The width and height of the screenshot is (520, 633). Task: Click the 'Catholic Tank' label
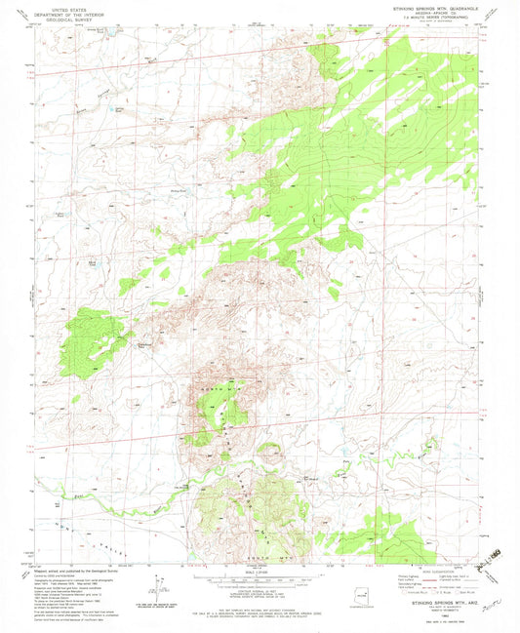[150, 343]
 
